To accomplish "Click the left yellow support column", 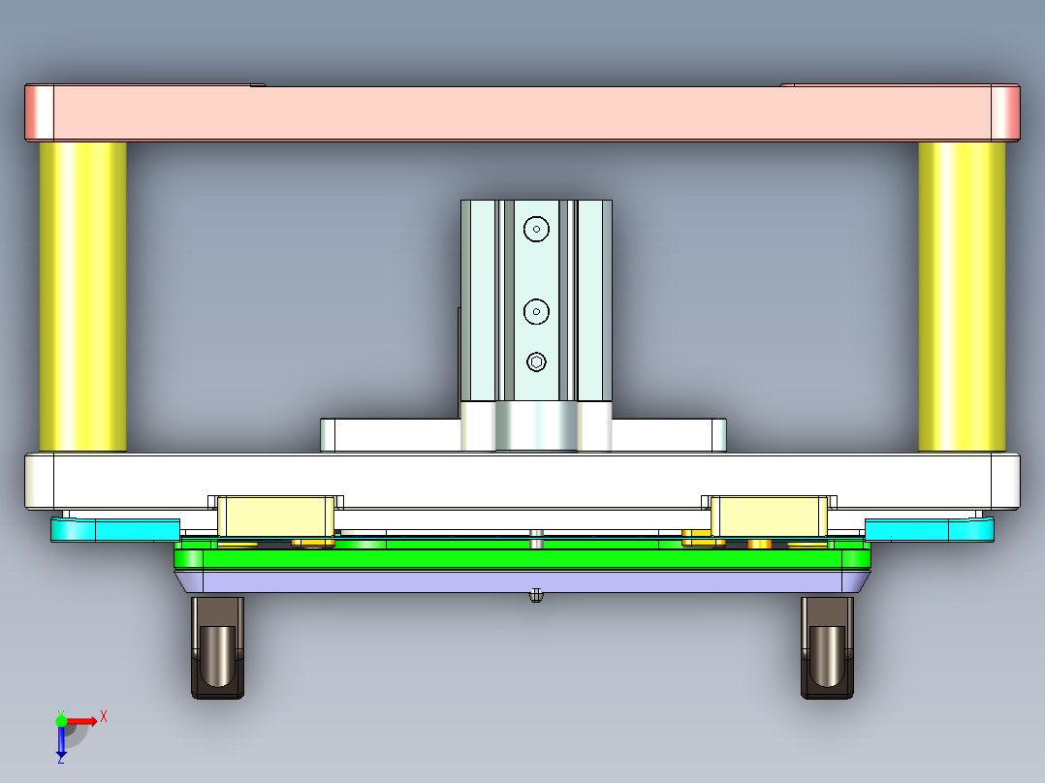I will click(82, 296).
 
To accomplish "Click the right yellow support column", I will click(962, 296).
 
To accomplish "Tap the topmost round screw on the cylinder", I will click(536, 229).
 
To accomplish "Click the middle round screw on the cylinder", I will click(536, 311).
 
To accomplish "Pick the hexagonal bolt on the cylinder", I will click(537, 362).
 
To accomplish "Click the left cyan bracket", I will click(114, 529).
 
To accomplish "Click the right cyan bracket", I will click(929, 529).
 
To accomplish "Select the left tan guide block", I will click(275, 516).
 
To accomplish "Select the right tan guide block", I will click(770, 516).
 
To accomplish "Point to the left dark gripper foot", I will click(217, 647).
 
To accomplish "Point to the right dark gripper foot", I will click(827, 647).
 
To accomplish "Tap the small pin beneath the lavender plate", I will click(535, 596).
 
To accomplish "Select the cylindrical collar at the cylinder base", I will click(536, 426).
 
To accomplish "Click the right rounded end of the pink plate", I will click(1005, 112).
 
